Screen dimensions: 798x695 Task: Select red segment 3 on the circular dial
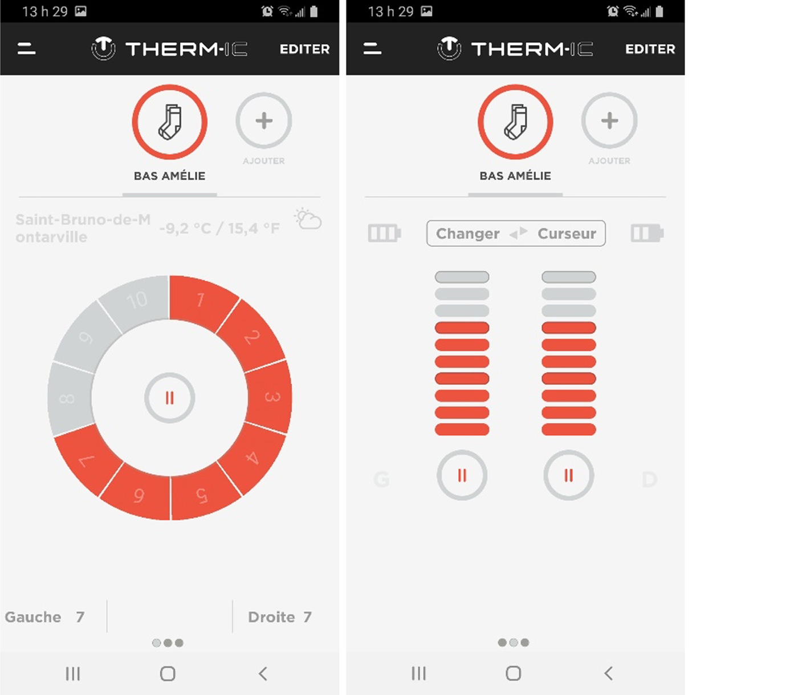[x=271, y=397]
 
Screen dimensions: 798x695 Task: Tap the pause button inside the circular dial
[x=170, y=398]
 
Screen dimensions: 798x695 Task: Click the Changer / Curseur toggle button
[x=516, y=233]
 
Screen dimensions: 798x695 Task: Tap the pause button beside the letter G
[x=462, y=475]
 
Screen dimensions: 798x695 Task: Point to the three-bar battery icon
[x=384, y=233]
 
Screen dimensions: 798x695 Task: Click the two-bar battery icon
[x=647, y=233]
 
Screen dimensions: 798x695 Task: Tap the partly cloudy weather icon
[x=308, y=219]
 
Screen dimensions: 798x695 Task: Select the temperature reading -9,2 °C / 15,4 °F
[x=219, y=228]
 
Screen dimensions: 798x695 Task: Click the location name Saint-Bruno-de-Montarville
[x=83, y=228]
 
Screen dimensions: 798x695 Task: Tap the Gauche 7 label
[x=44, y=617]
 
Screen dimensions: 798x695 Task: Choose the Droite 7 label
[x=280, y=617]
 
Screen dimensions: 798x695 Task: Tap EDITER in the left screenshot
[x=304, y=49]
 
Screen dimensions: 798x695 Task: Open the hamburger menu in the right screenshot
[x=372, y=49]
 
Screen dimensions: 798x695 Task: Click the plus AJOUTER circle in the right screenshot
[x=609, y=120]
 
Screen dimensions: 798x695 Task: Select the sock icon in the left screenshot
[x=170, y=122]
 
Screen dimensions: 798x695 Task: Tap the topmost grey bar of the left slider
[x=462, y=277]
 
